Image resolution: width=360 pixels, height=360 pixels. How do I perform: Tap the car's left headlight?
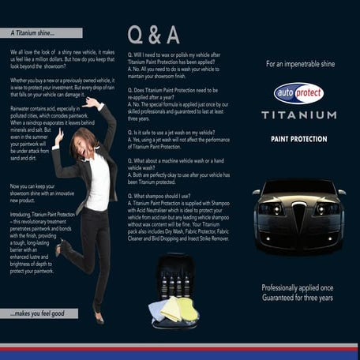pos(272,208)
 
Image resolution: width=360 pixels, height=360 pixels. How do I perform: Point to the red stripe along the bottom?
pos(180,346)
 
